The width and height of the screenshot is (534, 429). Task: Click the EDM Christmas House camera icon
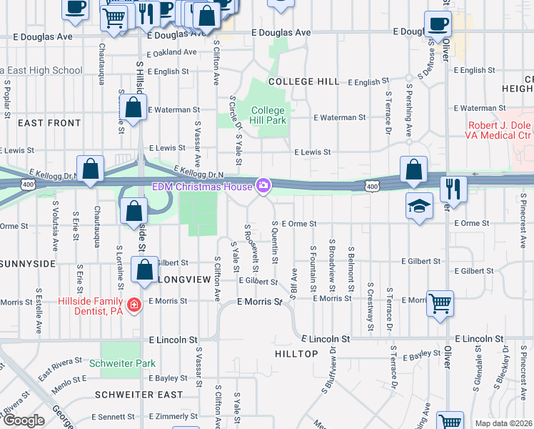[x=264, y=187]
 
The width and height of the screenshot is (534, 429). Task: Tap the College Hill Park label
[x=268, y=115]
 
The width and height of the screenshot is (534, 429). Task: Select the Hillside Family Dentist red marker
[x=133, y=306]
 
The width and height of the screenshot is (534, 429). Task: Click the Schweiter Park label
[x=122, y=363]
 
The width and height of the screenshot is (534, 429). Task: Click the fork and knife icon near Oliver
[x=453, y=188]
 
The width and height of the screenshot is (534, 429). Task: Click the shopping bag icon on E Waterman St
[x=133, y=108]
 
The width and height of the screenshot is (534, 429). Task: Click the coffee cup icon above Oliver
[x=438, y=24]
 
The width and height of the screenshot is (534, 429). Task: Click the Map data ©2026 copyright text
[x=503, y=423]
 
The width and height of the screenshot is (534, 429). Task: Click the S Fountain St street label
[x=313, y=268]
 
